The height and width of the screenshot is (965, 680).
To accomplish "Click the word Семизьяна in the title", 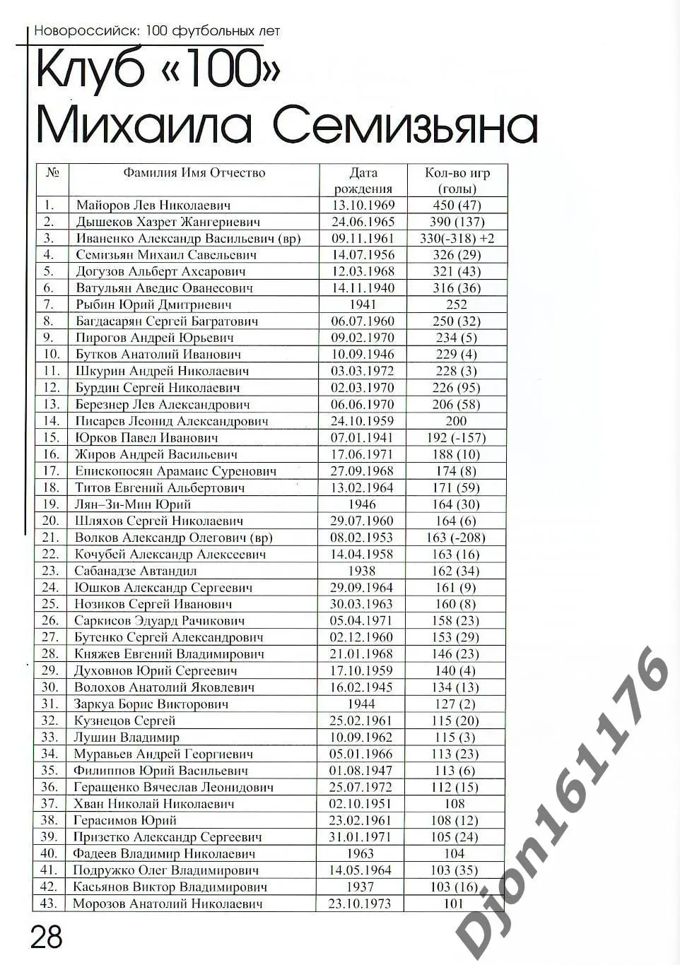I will tap(405, 125).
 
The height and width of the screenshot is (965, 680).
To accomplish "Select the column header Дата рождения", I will tap(363, 181).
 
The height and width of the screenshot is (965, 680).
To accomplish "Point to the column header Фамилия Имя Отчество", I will tap(194, 172).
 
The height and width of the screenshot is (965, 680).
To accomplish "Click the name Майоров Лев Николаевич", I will tap(153, 206).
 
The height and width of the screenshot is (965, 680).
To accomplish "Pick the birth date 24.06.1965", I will tap(363, 222).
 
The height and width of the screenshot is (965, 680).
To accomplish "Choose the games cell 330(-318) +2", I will tap(457, 239).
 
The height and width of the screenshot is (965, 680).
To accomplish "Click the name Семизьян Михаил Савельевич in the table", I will tap(166, 255).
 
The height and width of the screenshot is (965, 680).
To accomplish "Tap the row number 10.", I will tap(52, 355).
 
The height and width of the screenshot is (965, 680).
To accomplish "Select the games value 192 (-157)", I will tap(457, 438).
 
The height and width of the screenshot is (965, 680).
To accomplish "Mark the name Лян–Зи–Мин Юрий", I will tap(133, 504).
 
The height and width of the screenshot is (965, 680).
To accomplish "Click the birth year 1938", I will tap(362, 571).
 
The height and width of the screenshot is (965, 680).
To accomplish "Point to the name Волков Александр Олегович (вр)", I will tap(173, 538).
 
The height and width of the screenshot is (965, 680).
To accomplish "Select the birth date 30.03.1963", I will tap(362, 604).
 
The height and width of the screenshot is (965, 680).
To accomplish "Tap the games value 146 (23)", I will tap(456, 654).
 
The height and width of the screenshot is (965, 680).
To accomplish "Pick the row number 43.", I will tap(49, 904).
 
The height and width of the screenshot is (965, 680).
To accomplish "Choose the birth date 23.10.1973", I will tap(360, 904).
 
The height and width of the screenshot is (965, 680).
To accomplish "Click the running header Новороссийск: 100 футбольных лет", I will tap(157, 31).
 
